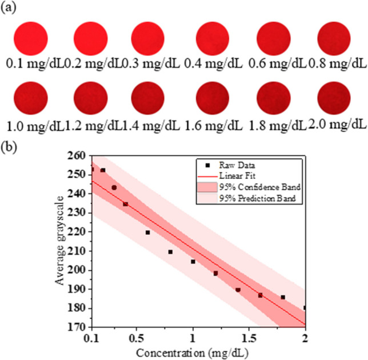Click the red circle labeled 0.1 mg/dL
(31, 38)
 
